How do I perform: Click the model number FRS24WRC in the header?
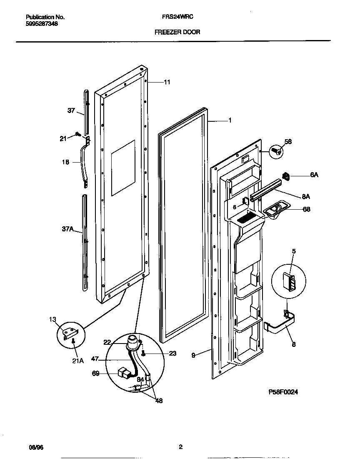click(177, 18)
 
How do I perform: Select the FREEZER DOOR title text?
click(177, 32)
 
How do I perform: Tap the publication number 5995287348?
click(42, 24)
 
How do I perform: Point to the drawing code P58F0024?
click(283, 392)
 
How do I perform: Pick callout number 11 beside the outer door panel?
click(167, 82)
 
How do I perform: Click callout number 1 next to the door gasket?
click(230, 120)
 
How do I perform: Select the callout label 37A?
click(67, 229)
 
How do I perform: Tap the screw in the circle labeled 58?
click(276, 151)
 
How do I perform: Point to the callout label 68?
click(306, 209)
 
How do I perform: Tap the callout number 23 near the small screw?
click(172, 353)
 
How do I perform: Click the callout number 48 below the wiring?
click(158, 401)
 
